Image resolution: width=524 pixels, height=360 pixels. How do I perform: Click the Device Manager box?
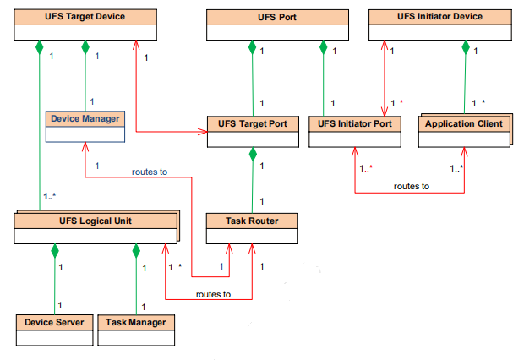[85, 125]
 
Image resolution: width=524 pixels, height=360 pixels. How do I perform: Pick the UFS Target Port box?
[253, 130]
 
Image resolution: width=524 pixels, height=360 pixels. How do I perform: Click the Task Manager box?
[135, 329]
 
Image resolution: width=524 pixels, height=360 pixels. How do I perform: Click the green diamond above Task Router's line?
[252, 155]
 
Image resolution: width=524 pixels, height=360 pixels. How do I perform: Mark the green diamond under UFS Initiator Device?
[464, 48]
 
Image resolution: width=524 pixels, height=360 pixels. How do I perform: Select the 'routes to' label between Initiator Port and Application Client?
[412, 186]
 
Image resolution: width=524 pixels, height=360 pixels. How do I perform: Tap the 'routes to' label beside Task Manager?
[213, 293]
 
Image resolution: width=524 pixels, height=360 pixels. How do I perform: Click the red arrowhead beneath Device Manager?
[85, 147]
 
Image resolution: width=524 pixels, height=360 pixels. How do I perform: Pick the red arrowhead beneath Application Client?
[463, 152]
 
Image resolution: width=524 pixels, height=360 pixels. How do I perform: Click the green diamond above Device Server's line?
[54, 251]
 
